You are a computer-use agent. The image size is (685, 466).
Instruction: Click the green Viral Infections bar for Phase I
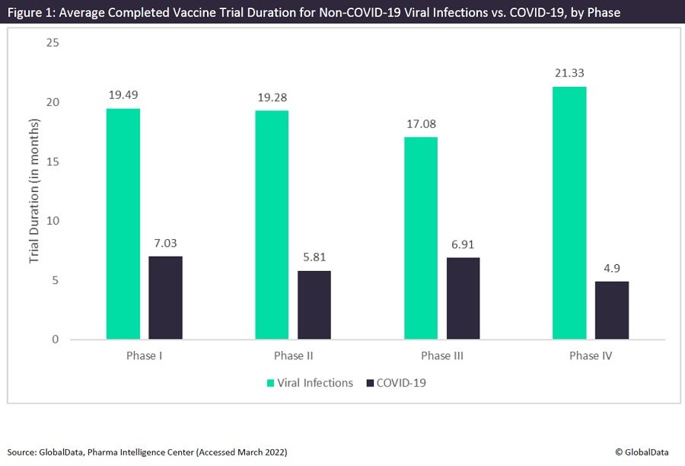pyautogui.click(x=123, y=224)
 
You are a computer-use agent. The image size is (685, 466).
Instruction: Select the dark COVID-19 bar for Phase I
pyautogui.click(x=165, y=298)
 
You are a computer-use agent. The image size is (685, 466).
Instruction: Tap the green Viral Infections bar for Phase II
pyautogui.click(x=272, y=225)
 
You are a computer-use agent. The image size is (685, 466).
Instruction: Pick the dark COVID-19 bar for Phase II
pyautogui.click(x=314, y=305)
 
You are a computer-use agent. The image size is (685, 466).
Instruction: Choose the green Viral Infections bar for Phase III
pyautogui.click(x=421, y=238)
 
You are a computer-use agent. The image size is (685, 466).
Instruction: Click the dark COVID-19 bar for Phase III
pyautogui.click(x=464, y=298)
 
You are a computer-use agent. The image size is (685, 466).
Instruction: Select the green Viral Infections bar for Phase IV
pyautogui.click(x=569, y=213)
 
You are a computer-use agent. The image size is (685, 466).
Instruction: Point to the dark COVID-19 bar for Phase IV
pyautogui.click(x=612, y=311)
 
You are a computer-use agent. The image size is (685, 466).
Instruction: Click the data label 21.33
pyautogui.click(x=570, y=73)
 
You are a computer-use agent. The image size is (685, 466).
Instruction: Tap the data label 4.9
pyautogui.click(x=612, y=268)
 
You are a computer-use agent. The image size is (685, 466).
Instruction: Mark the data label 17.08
pyautogui.click(x=421, y=123)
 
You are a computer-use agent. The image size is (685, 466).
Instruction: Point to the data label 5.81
pyautogui.click(x=314, y=257)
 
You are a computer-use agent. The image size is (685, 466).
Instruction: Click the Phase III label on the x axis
pyautogui.click(x=442, y=356)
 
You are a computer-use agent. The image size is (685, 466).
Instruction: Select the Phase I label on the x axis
pyautogui.click(x=144, y=356)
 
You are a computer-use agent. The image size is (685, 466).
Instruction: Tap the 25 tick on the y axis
pyautogui.click(x=53, y=43)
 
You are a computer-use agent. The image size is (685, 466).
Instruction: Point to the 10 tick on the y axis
pyautogui.click(x=53, y=221)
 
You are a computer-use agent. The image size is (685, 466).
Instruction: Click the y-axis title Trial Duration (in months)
pyautogui.click(x=34, y=192)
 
